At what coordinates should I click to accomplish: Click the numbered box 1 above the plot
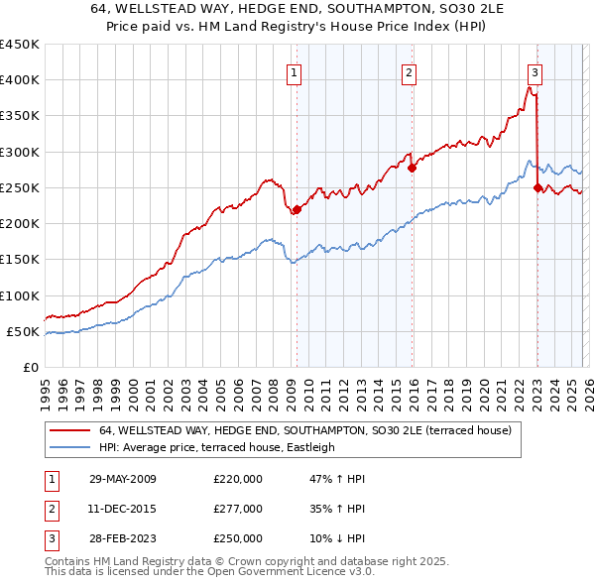click(296, 71)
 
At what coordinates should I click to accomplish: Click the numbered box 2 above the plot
click(409, 71)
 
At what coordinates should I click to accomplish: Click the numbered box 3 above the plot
click(535, 71)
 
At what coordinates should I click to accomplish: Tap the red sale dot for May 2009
click(297, 209)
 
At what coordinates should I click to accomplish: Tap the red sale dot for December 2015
click(413, 168)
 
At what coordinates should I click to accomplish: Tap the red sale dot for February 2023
click(537, 187)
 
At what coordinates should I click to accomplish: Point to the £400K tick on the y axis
click(20, 80)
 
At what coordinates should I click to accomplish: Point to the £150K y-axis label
click(20, 260)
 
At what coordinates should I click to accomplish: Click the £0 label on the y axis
click(30, 368)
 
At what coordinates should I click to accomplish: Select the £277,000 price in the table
click(238, 509)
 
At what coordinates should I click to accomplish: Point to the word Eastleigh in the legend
click(306, 447)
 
